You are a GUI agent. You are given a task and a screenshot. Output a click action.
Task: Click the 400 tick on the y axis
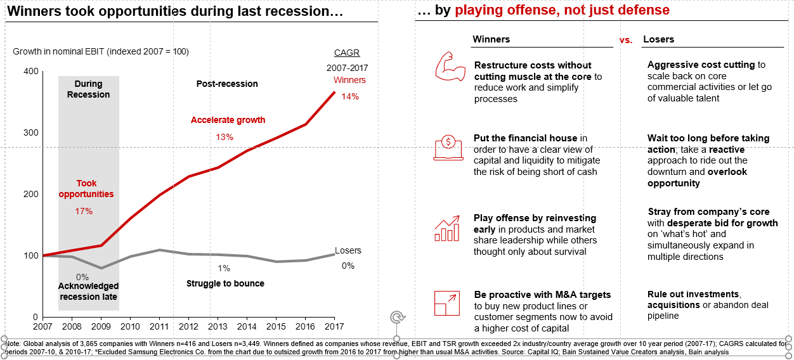coord(30,72)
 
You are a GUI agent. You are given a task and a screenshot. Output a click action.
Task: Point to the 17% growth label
coord(84,211)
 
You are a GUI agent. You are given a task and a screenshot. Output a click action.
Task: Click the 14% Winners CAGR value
coord(350,96)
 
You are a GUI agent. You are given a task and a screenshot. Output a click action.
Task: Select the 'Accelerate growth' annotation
coord(228,120)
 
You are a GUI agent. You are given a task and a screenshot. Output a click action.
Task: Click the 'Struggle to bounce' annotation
coord(225,283)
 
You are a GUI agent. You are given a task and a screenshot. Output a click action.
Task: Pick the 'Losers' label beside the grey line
coord(348,250)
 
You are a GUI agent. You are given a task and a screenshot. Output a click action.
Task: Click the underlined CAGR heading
coord(347,53)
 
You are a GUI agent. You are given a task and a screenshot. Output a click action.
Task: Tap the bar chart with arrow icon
coord(447,228)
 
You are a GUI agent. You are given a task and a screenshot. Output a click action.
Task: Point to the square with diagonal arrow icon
coord(447,303)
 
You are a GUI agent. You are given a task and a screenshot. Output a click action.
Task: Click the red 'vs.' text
coord(625,40)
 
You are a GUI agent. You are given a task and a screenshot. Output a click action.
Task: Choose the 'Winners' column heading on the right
coord(491,39)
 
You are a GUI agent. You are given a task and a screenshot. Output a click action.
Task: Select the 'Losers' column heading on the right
coord(658,39)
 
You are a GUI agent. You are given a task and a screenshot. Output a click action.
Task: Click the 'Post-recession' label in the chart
coord(227,84)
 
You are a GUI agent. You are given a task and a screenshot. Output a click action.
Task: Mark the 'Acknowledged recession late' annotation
coord(88,292)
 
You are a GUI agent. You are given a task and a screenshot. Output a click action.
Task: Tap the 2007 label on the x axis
coord(42,326)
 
